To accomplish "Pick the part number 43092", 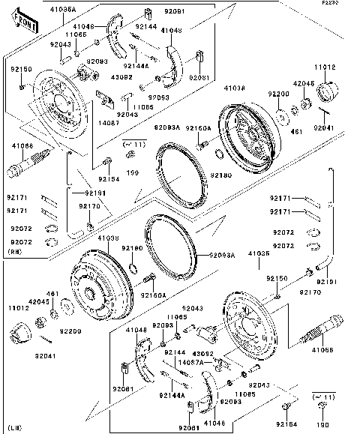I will pyautogui.click(x=204, y=353).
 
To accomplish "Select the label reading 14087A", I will pyautogui.click(x=190, y=361).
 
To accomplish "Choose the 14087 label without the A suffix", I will pyautogui.click(x=109, y=121).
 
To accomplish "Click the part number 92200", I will pyautogui.click(x=280, y=94).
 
